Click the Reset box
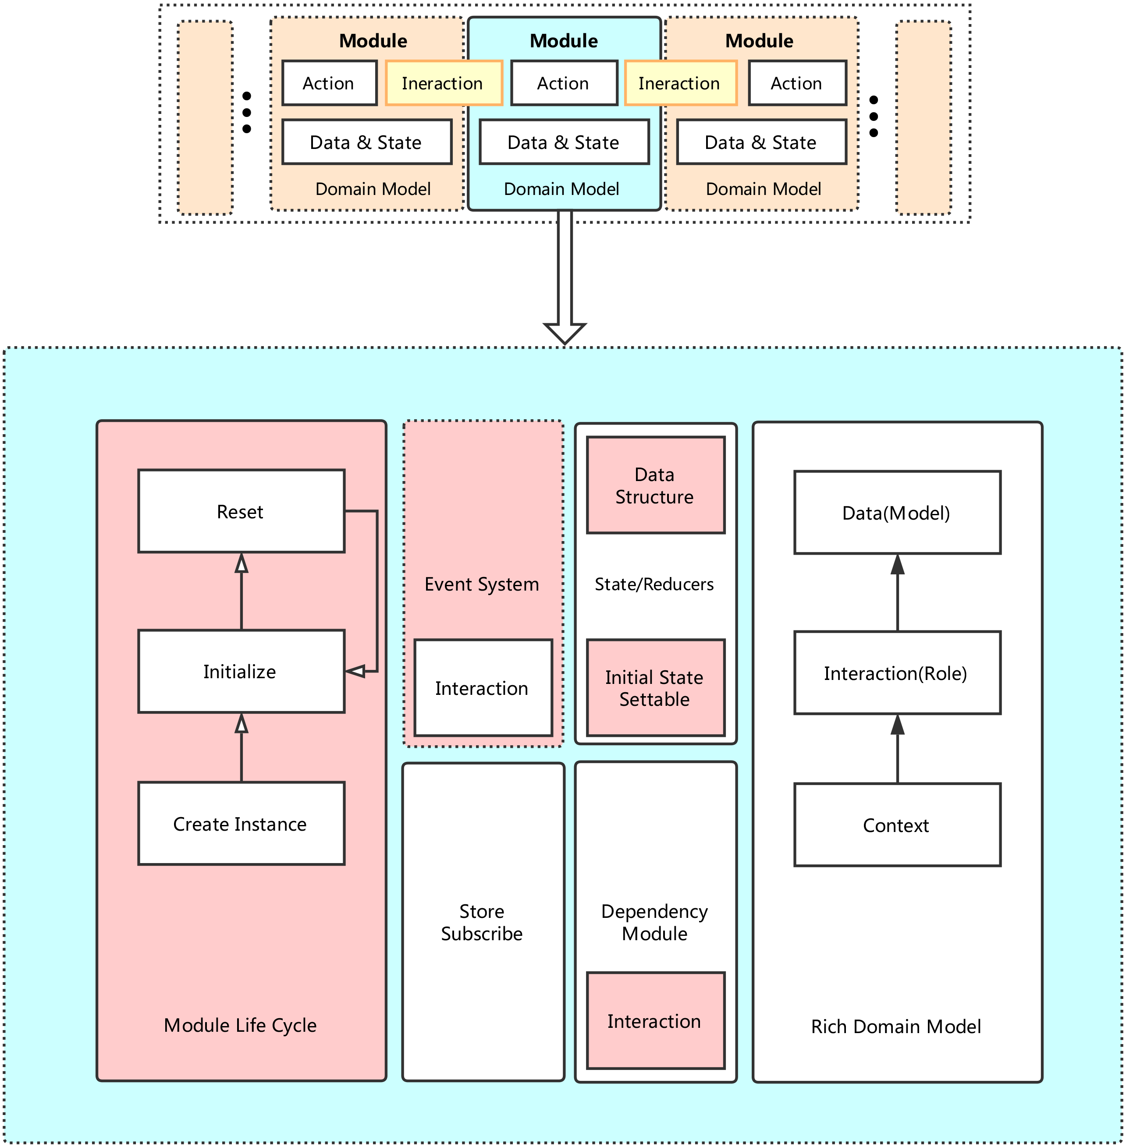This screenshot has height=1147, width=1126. [241, 511]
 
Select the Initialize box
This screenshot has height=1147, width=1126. [241, 672]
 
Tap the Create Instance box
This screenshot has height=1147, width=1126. [241, 824]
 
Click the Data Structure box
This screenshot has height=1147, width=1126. [655, 485]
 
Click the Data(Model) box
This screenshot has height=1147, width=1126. [897, 513]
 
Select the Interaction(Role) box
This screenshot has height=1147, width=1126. [897, 673]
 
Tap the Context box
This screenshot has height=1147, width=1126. [897, 825]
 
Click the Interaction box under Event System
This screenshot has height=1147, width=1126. [483, 688]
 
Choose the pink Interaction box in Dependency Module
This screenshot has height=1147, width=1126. [655, 1021]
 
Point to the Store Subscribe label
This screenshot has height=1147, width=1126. [482, 922]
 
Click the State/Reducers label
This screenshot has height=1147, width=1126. [654, 584]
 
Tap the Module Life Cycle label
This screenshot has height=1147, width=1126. [240, 1025]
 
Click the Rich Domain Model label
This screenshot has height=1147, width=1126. [896, 1027]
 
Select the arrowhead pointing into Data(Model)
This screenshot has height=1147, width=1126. [898, 565]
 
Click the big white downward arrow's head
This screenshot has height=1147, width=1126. [565, 332]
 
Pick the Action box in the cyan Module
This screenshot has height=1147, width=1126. [564, 83]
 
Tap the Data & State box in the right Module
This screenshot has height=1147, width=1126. [761, 142]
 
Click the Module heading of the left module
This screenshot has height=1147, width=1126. [373, 41]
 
